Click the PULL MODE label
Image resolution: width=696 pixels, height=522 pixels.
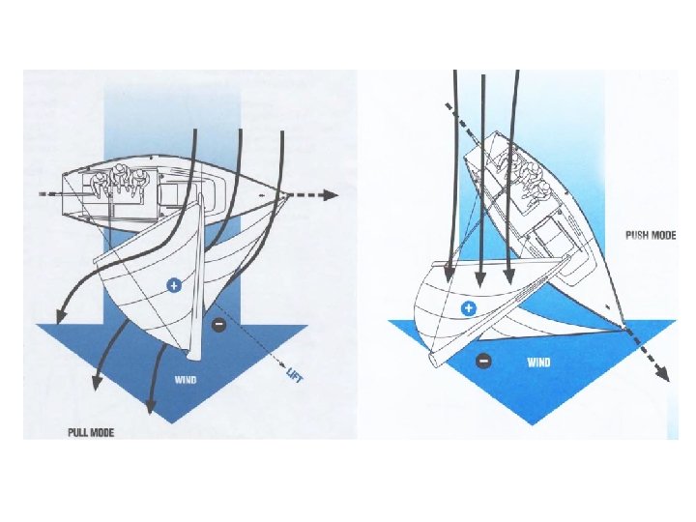point(91,432)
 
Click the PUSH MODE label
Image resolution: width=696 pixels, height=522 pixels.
point(651,235)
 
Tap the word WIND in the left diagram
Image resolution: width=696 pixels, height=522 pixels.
point(186,380)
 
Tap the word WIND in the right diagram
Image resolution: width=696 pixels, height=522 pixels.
point(538,362)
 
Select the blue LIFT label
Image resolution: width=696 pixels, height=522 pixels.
point(295,375)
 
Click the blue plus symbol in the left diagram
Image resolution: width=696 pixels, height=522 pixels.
point(174,285)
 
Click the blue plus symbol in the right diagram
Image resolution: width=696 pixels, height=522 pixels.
point(469,308)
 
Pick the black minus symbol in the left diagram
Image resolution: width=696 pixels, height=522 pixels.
point(218,324)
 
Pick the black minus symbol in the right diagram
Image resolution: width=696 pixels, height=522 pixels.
point(483,361)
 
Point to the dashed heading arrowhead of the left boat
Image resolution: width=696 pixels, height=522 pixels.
point(332,195)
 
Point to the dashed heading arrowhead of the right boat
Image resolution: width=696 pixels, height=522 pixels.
point(663,373)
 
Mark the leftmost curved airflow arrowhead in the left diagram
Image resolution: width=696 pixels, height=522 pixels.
point(58,315)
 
